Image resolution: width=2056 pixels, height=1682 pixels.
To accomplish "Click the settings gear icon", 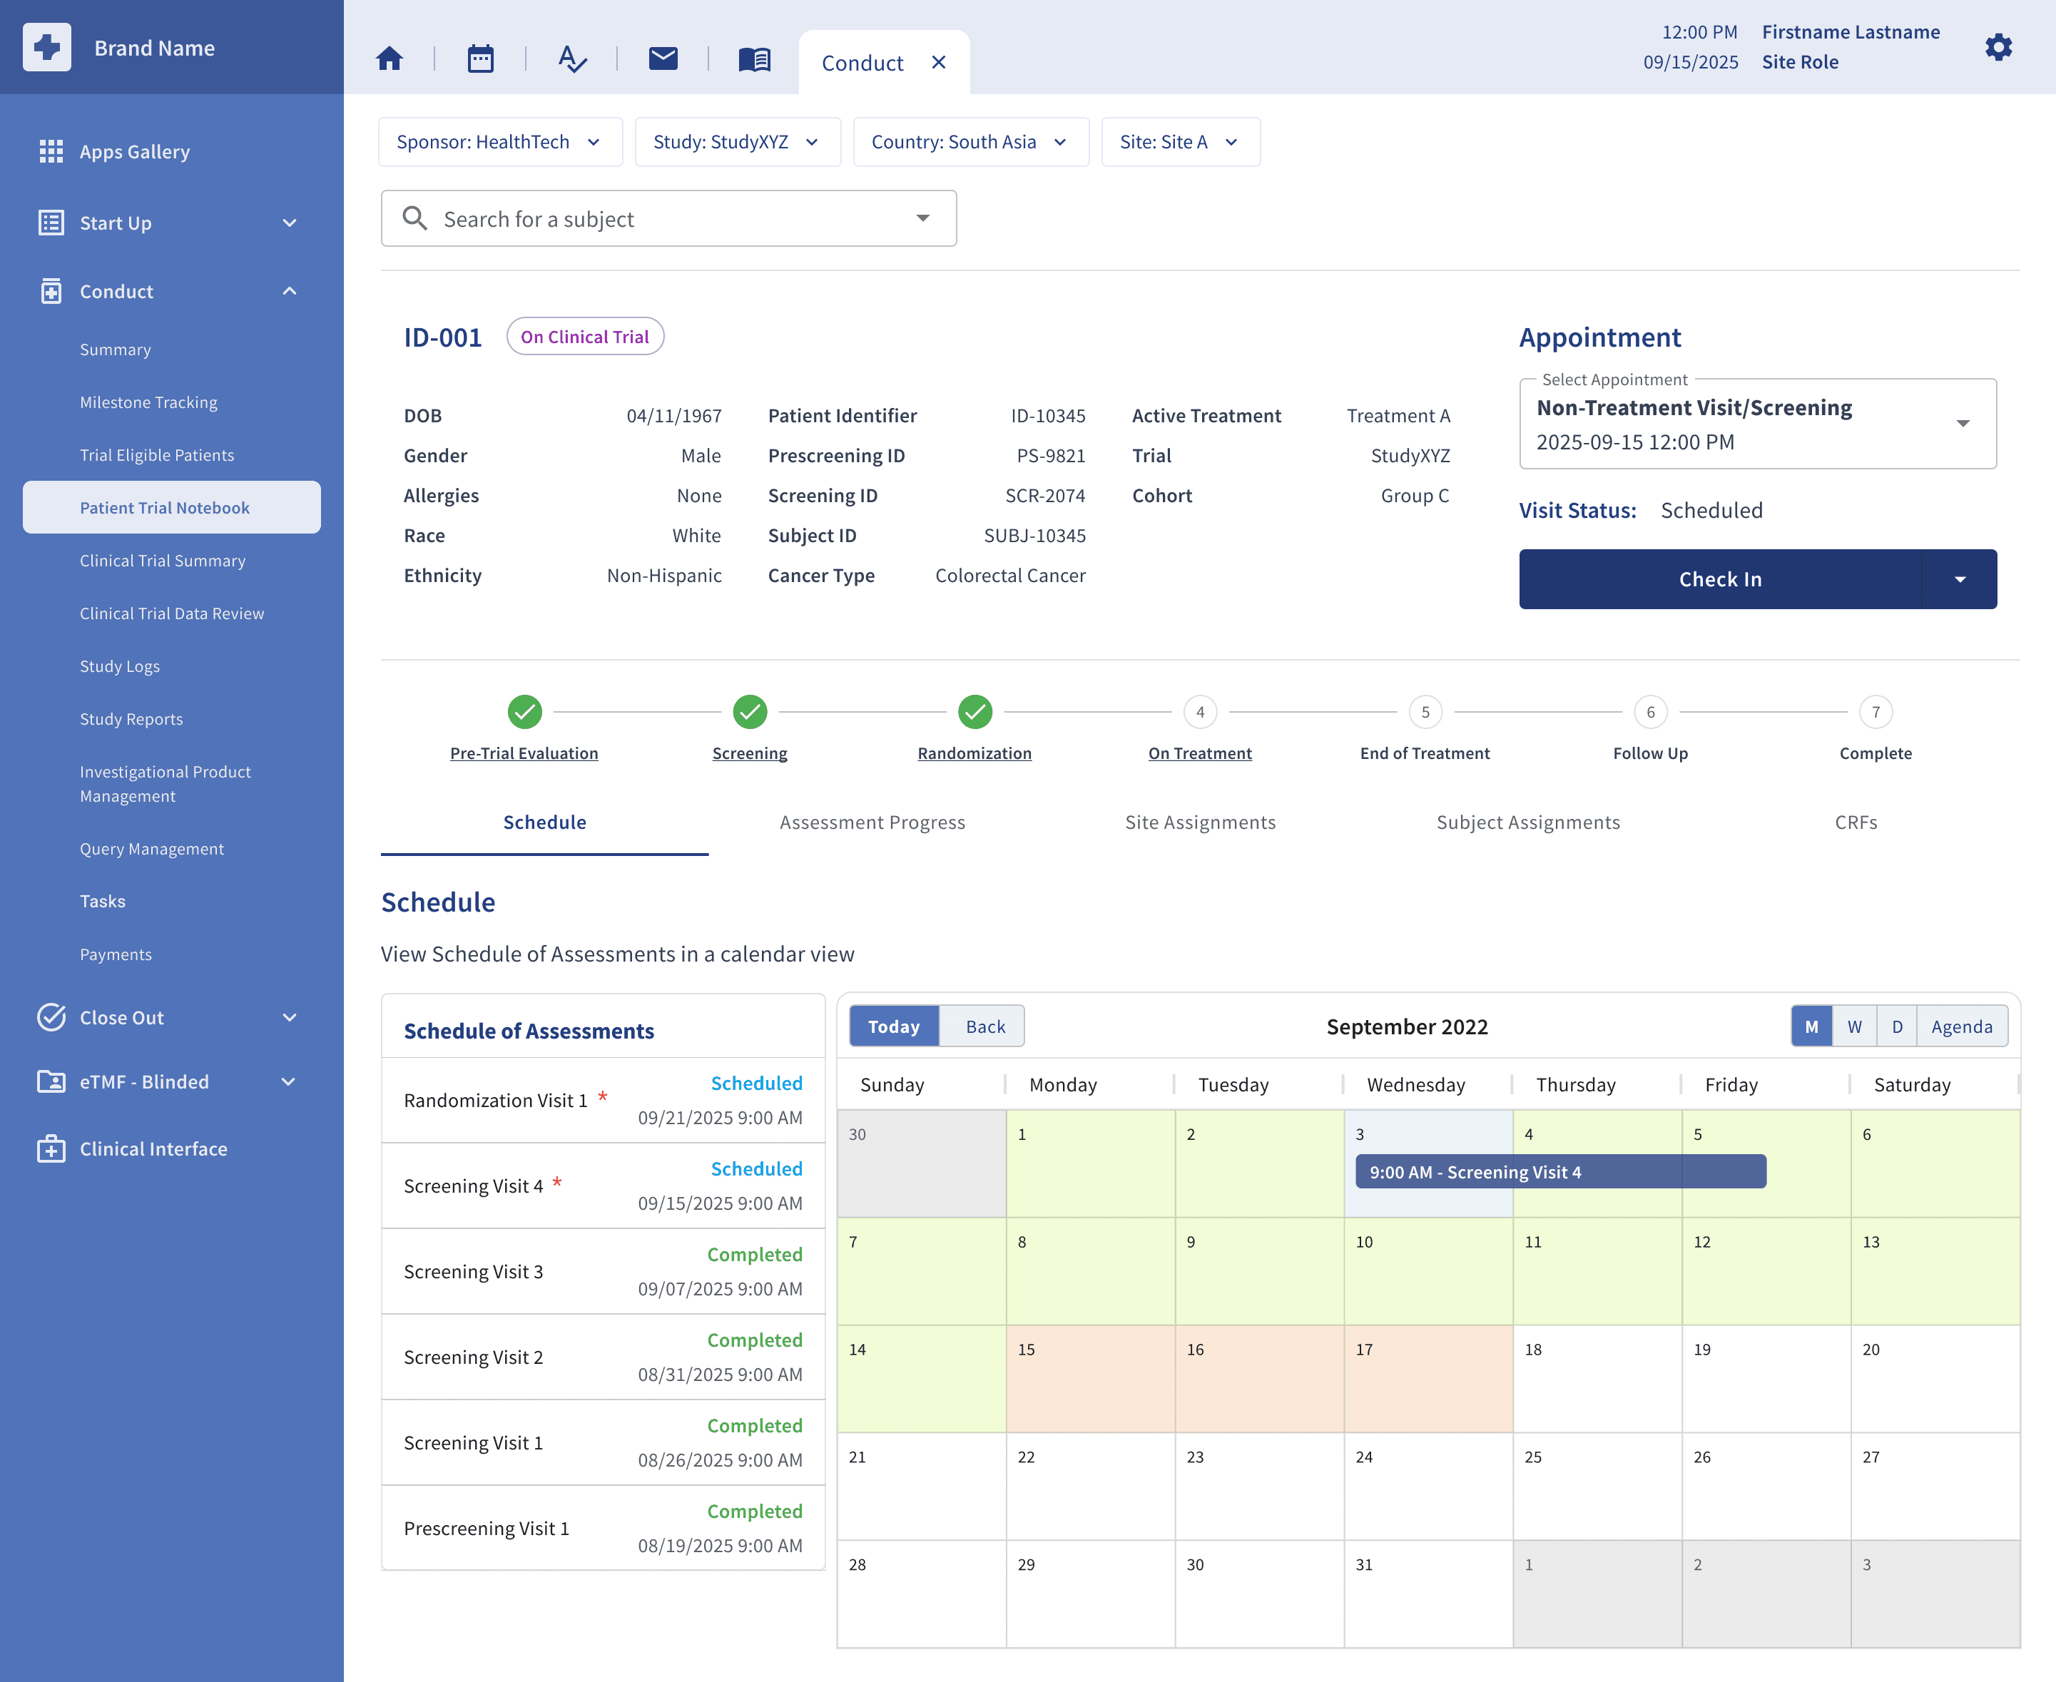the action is (x=1998, y=48).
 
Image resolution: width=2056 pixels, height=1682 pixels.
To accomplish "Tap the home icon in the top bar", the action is (x=390, y=59).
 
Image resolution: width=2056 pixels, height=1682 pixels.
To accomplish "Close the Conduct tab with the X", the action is (x=938, y=63).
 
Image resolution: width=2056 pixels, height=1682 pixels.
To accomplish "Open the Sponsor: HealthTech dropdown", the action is (x=500, y=143).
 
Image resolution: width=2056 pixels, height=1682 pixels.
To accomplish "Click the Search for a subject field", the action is (x=668, y=219).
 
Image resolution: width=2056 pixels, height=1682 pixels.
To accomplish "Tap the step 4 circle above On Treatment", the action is (x=1199, y=712).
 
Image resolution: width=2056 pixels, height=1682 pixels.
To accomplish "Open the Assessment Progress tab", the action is (x=872, y=822).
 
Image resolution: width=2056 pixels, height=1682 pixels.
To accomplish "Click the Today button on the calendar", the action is (x=893, y=1027).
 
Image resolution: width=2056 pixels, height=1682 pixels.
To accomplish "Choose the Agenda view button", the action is (x=1961, y=1027).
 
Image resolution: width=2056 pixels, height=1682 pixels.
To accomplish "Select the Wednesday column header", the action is (x=1415, y=1085).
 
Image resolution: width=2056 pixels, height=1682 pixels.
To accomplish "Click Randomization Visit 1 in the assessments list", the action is (x=495, y=1101).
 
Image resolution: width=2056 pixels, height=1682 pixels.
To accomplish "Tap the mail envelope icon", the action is (x=663, y=59).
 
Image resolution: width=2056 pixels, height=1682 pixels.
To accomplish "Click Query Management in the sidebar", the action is (x=152, y=849).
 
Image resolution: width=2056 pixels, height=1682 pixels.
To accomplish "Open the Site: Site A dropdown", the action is (x=1180, y=143).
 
